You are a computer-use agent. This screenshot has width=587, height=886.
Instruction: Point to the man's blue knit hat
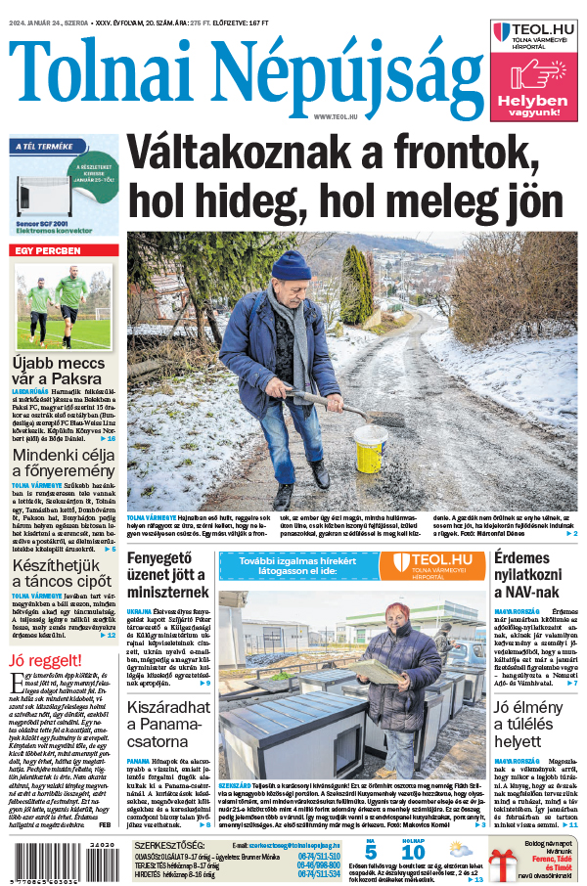pyautogui.click(x=291, y=266)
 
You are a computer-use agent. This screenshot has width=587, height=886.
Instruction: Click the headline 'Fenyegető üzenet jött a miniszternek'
pyautogui.click(x=167, y=575)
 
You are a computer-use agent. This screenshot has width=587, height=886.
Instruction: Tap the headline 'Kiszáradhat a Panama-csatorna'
pyautogui.click(x=167, y=701)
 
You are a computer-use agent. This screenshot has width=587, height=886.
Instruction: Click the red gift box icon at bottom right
pyautogui.click(x=503, y=866)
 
